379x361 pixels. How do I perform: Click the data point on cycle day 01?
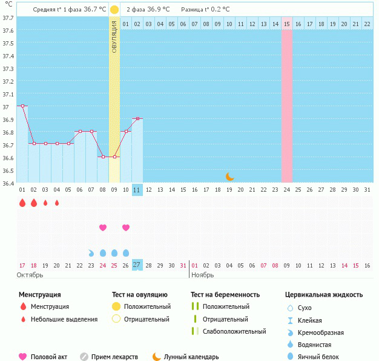[22, 106]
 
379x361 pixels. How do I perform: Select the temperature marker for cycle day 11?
[137, 118]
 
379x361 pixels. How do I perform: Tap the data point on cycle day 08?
[103, 157]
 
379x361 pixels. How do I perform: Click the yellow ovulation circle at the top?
[114, 10]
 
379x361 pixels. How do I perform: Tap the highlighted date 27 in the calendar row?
[137, 265]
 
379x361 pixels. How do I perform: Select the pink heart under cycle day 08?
[103, 228]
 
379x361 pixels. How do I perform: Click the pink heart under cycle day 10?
[126, 228]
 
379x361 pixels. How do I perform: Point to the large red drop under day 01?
[22, 203]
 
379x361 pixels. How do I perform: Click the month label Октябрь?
[30, 275]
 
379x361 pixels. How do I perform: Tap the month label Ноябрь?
[203, 275]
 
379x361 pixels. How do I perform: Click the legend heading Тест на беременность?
[225, 294]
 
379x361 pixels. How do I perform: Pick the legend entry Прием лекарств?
[114, 357]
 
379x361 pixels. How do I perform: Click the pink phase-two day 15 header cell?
[287, 24]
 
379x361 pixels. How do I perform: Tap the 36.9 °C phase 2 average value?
[155, 10]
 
